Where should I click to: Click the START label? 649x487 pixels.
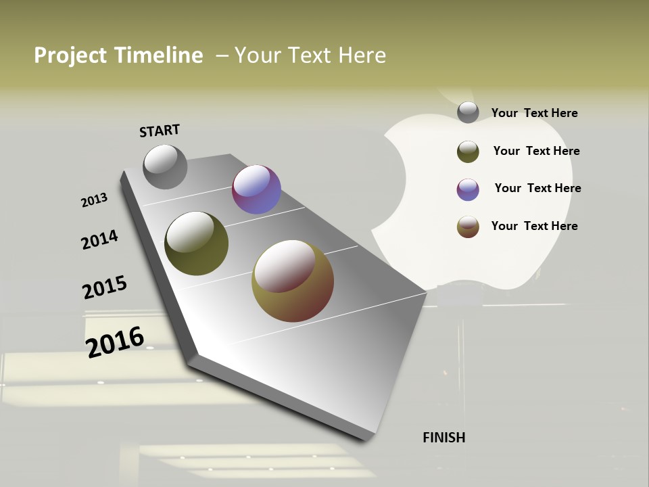point(160,131)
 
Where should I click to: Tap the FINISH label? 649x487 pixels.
point(444,438)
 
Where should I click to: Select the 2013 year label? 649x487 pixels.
point(94,200)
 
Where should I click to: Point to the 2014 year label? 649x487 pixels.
point(99,239)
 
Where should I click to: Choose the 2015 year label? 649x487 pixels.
point(105,287)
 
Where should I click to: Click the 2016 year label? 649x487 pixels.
point(115,342)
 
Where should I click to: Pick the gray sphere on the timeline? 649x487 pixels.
point(165,166)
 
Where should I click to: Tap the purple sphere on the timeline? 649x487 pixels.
point(256,189)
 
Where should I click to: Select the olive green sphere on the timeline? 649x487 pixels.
point(196,243)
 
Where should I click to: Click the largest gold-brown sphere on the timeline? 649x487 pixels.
point(293,281)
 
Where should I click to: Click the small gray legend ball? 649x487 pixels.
point(468,112)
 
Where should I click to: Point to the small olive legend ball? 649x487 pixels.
point(468,152)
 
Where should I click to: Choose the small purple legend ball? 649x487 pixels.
point(468,189)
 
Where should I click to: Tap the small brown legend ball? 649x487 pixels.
point(468,227)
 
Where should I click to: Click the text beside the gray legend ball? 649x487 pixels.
point(534,113)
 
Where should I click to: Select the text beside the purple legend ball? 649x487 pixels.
point(537,188)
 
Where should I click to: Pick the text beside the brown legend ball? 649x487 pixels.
point(534,226)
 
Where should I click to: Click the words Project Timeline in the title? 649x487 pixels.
point(118,55)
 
